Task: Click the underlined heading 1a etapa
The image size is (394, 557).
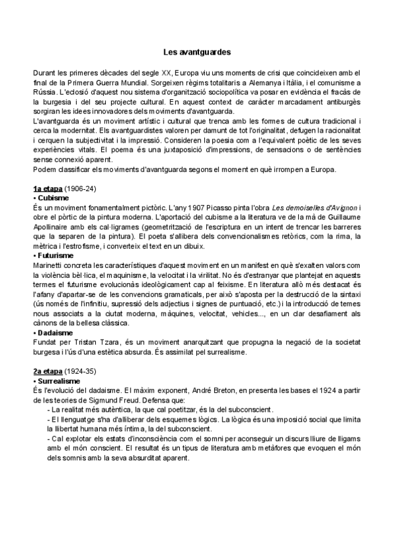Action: click(x=48, y=189)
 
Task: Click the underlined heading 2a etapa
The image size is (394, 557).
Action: click(x=48, y=372)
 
